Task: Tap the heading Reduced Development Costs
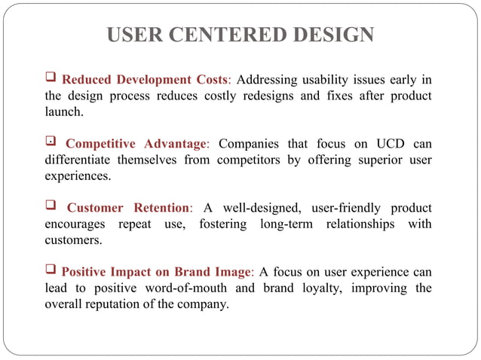click(145, 80)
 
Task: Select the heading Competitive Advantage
click(136, 144)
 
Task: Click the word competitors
click(253, 160)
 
